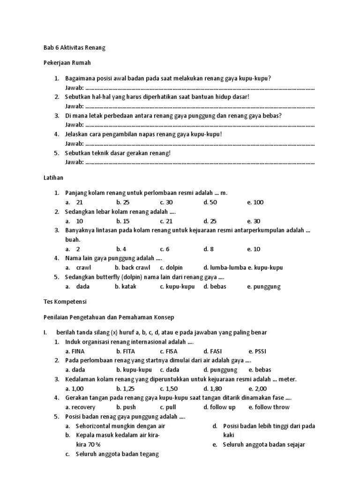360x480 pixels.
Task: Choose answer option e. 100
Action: (x=255, y=202)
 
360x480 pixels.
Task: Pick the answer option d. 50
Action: (x=210, y=202)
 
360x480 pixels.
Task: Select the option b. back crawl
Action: (x=133, y=268)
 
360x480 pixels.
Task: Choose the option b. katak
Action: (x=126, y=286)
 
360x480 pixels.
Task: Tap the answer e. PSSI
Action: (x=257, y=351)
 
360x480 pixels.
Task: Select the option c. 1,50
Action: (x=169, y=389)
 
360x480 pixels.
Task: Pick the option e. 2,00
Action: (x=257, y=389)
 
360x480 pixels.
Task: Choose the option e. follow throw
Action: (x=269, y=407)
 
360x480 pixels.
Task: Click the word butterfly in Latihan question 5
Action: (x=104, y=277)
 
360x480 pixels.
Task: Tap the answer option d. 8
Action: (x=209, y=249)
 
